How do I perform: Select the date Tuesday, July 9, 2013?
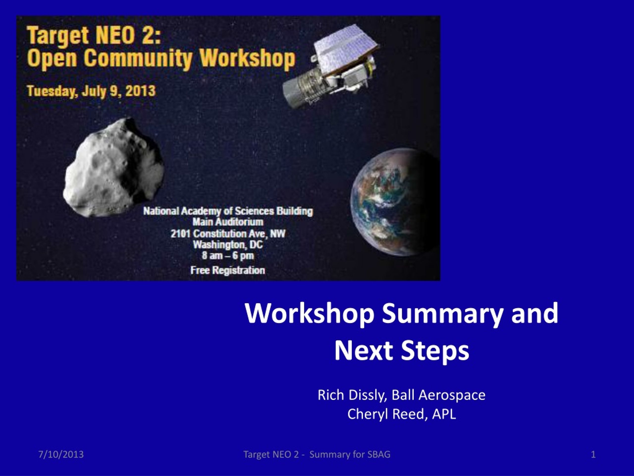click(91, 91)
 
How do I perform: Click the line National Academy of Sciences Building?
click(228, 211)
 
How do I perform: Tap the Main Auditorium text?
click(228, 222)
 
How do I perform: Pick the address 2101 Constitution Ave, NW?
click(228, 234)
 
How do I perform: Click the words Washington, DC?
click(228, 245)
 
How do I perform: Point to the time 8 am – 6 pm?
click(228, 256)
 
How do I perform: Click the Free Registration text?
click(228, 270)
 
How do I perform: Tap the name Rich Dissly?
click(352, 395)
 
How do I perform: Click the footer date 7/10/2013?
click(61, 454)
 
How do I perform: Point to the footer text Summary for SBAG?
click(350, 454)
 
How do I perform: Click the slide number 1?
click(593, 454)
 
